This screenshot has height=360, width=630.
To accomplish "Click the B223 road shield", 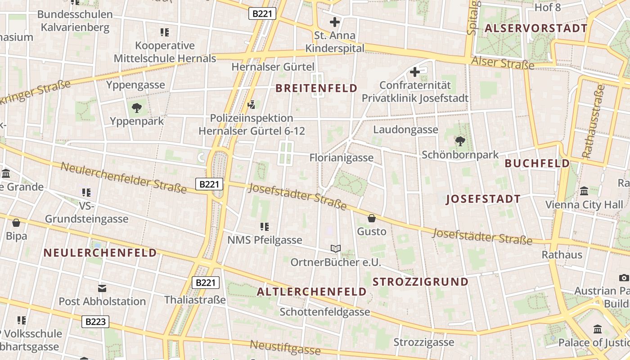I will tap(95, 321).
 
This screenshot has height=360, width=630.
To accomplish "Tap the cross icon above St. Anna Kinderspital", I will tap(335, 22).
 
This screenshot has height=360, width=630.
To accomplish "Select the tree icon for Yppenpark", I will tap(137, 108).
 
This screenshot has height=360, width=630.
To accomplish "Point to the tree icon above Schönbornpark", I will tap(460, 142).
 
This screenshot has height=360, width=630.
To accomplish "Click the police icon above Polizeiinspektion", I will tap(252, 105).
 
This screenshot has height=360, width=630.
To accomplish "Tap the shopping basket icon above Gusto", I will tap(372, 218).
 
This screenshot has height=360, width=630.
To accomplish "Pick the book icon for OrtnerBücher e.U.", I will tap(335, 248).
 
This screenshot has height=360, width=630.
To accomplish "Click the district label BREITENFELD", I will tap(316, 88).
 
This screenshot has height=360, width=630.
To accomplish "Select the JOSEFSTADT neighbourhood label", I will tap(483, 199).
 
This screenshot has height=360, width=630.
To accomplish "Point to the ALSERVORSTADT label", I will tap(535, 28).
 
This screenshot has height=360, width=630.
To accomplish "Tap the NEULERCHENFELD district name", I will tap(100, 252).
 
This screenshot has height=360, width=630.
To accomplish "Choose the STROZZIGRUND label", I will tap(420, 282).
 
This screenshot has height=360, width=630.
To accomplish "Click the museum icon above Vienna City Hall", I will tap(584, 191).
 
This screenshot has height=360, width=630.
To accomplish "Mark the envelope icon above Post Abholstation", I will tap(102, 288).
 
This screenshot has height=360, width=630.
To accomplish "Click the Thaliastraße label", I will tap(195, 300).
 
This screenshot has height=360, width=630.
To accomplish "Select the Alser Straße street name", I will tap(503, 63).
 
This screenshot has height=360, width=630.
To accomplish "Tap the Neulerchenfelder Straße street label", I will tap(123, 177).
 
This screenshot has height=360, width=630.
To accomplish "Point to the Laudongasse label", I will tap(405, 130).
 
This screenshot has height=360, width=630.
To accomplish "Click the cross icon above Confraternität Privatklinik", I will tap(415, 72).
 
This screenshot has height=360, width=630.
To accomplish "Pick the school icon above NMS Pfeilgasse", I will tap(265, 226).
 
